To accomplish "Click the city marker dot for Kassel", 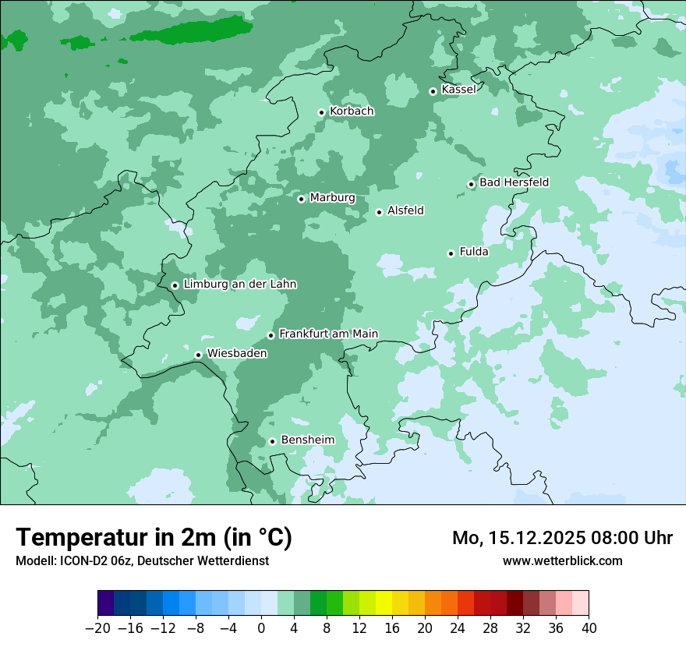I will (x=433, y=91).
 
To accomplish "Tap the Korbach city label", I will (x=352, y=111).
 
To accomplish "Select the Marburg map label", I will (x=332, y=198).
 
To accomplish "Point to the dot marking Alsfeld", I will (x=379, y=212).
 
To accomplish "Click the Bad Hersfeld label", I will (x=514, y=182).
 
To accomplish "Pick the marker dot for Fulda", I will (x=451, y=253).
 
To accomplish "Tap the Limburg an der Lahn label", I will (x=239, y=285).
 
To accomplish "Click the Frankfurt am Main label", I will (x=328, y=334).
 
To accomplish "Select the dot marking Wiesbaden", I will (x=199, y=355).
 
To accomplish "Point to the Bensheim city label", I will (x=307, y=440).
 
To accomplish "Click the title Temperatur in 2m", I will (x=154, y=537).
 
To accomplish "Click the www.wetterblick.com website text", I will (x=562, y=560).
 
